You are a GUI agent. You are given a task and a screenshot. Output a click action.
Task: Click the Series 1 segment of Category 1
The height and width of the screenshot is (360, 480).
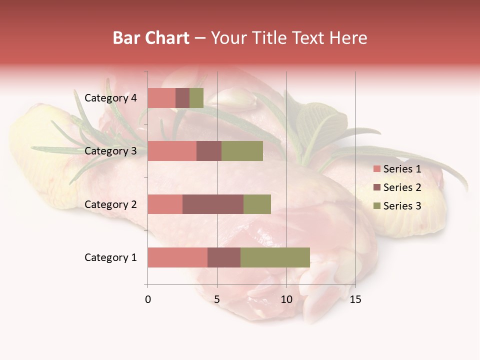pyautogui.click(x=177, y=257)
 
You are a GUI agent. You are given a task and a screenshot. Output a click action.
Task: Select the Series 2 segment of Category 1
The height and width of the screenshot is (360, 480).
pyautogui.click(x=224, y=257)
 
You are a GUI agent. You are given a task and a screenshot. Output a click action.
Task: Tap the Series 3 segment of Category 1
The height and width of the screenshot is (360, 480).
pyautogui.click(x=275, y=257)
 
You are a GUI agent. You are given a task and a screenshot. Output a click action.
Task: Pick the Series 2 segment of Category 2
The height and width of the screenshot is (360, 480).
pyautogui.click(x=213, y=204)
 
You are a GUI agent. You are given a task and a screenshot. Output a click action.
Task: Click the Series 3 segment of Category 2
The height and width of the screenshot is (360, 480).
pyautogui.click(x=257, y=204)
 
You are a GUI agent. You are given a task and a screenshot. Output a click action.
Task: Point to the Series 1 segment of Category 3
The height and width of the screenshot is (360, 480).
pyautogui.click(x=172, y=151)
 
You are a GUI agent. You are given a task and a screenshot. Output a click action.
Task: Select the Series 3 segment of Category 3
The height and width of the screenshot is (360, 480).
pyautogui.click(x=242, y=151)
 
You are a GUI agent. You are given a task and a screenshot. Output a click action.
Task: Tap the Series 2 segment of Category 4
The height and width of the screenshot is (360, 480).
pyautogui.click(x=182, y=98)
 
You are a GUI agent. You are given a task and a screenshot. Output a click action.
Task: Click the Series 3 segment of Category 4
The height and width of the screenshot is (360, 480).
pyautogui.click(x=196, y=98)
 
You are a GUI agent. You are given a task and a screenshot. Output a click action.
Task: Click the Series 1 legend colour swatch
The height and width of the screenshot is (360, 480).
pyautogui.click(x=377, y=169)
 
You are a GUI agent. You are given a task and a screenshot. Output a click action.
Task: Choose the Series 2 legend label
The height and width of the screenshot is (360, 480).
pyautogui.click(x=402, y=187)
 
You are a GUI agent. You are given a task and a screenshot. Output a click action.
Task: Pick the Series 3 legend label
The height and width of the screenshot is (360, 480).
pyautogui.click(x=402, y=206)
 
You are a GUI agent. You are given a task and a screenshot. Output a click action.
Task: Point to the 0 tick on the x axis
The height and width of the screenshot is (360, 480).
pyautogui.click(x=148, y=299)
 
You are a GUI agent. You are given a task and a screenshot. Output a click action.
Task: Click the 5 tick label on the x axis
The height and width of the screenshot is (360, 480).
pyautogui.click(x=217, y=299)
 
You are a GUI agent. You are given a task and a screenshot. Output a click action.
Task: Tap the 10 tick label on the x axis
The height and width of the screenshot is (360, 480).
pyautogui.click(x=286, y=299)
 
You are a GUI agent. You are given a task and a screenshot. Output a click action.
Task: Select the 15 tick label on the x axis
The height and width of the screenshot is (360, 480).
pyautogui.click(x=355, y=299)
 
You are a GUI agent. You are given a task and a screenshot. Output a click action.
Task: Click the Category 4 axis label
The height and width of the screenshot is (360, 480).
pyautogui.click(x=110, y=98)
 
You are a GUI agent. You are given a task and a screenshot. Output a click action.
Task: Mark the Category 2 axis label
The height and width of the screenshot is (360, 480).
pyautogui.click(x=110, y=204)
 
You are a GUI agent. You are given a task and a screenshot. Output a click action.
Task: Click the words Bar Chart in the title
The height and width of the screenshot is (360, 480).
pyautogui.click(x=151, y=38)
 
